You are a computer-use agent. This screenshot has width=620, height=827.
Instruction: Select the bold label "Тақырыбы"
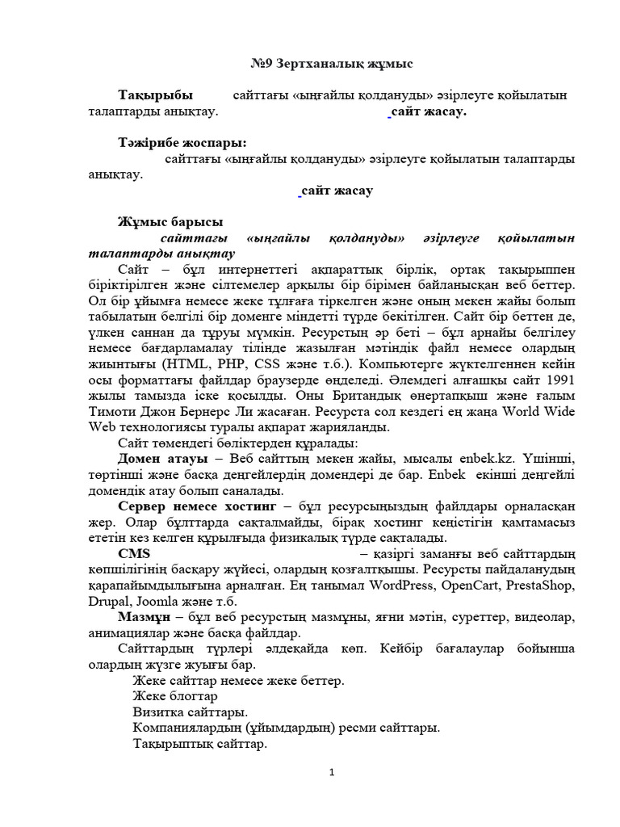click(x=155, y=96)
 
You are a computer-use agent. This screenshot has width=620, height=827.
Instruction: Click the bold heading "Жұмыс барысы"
click(x=170, y=221)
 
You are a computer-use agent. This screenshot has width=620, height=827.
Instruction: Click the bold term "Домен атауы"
click(x=157, y=458)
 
